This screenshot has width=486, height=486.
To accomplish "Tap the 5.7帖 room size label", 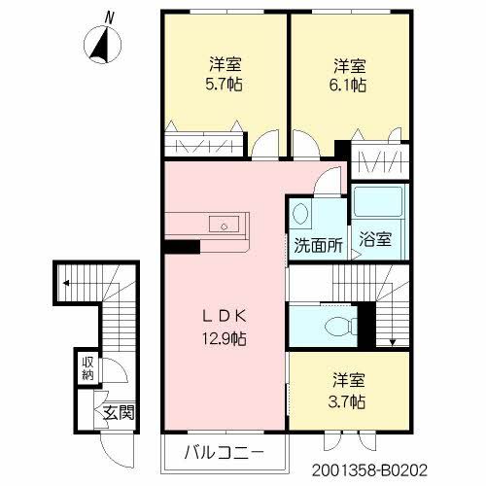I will [224, 85].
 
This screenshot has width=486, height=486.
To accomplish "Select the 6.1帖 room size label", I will [349, 85].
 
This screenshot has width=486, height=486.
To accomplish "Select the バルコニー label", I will [225, 453].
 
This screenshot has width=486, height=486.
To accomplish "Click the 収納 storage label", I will [87, 367].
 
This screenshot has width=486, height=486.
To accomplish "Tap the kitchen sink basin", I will [226, 226].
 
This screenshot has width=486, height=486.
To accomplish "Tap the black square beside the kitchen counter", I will [176, 246].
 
